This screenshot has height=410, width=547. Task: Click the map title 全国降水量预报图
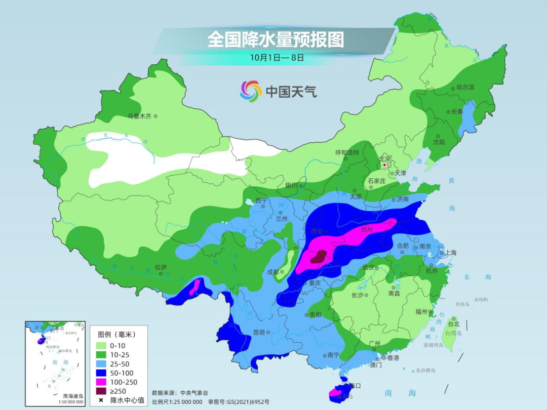(276, 39)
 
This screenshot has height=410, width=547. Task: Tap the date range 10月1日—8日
(277, 58)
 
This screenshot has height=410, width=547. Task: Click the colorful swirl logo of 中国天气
(251, 91)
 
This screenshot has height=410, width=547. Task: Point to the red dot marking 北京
(385, 165)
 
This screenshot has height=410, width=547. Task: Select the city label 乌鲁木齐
(139, 116)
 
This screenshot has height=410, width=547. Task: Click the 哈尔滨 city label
(465, 88)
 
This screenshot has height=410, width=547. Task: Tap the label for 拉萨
(161, 267)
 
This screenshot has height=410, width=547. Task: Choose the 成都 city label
(273, 272)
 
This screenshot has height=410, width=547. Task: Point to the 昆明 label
(258, 332)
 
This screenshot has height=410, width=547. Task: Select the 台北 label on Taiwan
(453, 323)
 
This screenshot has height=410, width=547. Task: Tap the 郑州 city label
(367, 229)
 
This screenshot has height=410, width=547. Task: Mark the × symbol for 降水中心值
(101, 400)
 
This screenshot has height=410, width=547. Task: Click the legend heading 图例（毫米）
(116, 334)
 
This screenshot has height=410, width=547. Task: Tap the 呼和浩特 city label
(347, 152)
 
